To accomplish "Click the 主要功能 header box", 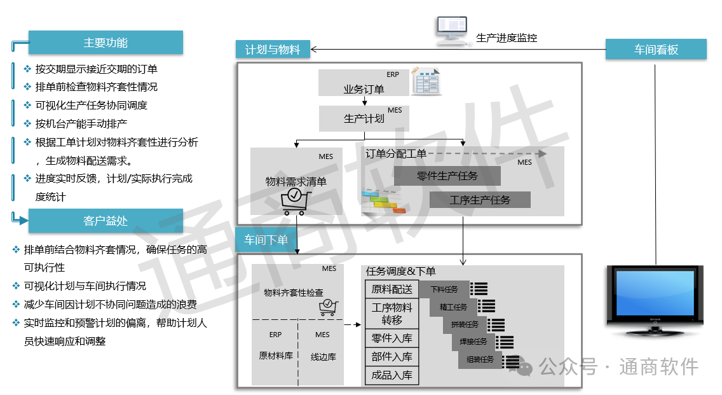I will [x=106, y=43].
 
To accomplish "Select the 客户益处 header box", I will [x=106, y=221].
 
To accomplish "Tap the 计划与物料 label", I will [x=272, y=49].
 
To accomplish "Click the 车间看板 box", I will [x=656, y=49].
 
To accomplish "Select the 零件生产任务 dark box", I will [x=447, y=176].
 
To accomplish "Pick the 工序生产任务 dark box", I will [x=480, y=200].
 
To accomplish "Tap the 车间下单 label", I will [x=266, y=240].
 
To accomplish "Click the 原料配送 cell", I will [x=392, y=289].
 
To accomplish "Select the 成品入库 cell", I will [x=392, y=375].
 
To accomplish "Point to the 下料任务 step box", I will [x=444, y=289].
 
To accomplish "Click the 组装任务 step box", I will [x=480, y=360].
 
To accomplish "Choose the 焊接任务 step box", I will [x=473, y=342].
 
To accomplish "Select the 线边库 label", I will [x=323, y=356].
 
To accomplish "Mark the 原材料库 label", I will [x=275, y=356].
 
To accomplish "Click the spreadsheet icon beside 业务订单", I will [x=426, y=81].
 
